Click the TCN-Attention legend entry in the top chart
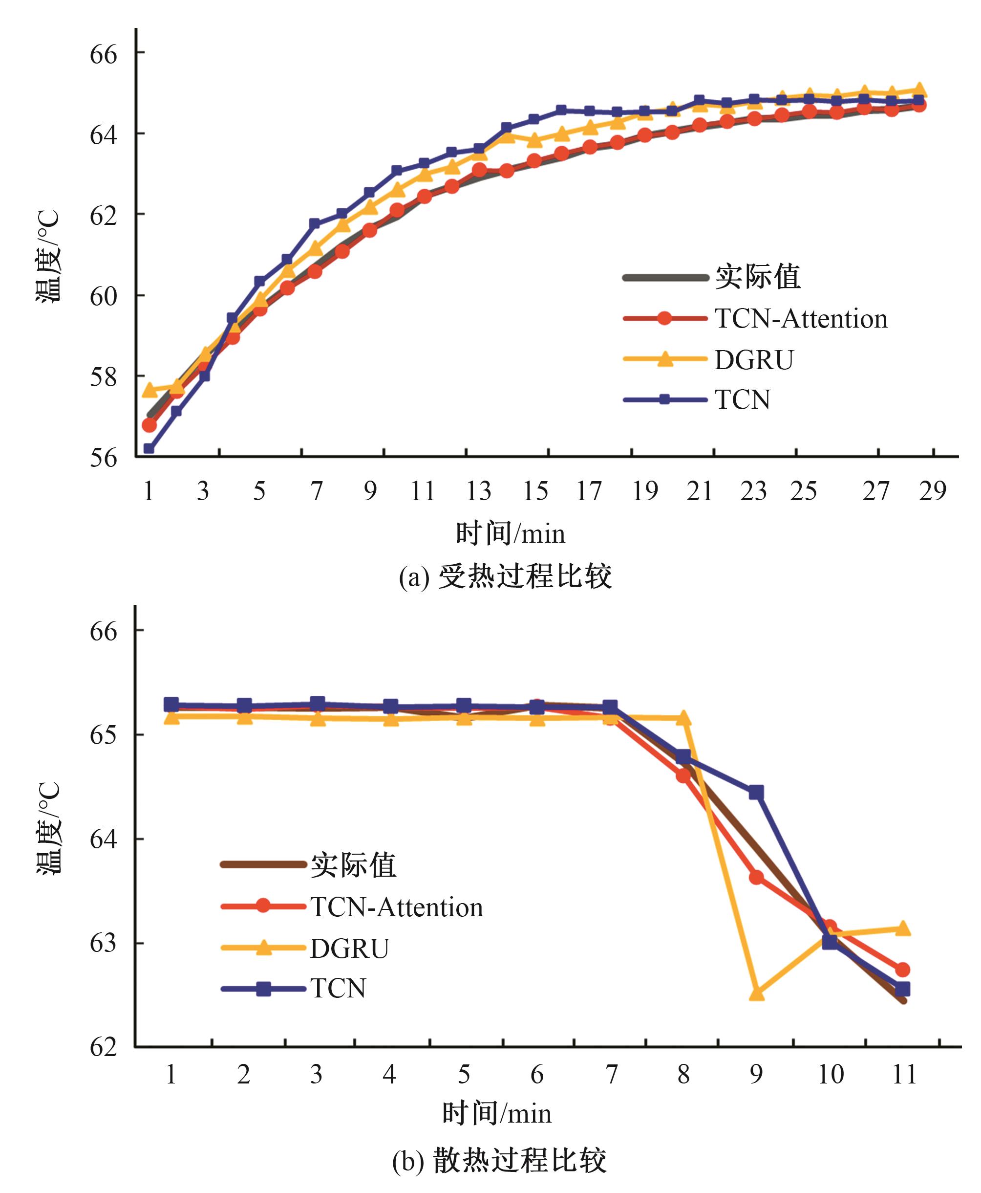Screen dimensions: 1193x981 click(801, 319)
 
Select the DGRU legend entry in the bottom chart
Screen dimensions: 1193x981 click(349, 949)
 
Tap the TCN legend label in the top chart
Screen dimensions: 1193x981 click(743, 400)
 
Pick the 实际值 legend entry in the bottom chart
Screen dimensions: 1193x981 click(353, 865)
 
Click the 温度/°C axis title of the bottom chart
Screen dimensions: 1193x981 click(48, 828)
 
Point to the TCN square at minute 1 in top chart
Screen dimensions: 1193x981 click(149, 448)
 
